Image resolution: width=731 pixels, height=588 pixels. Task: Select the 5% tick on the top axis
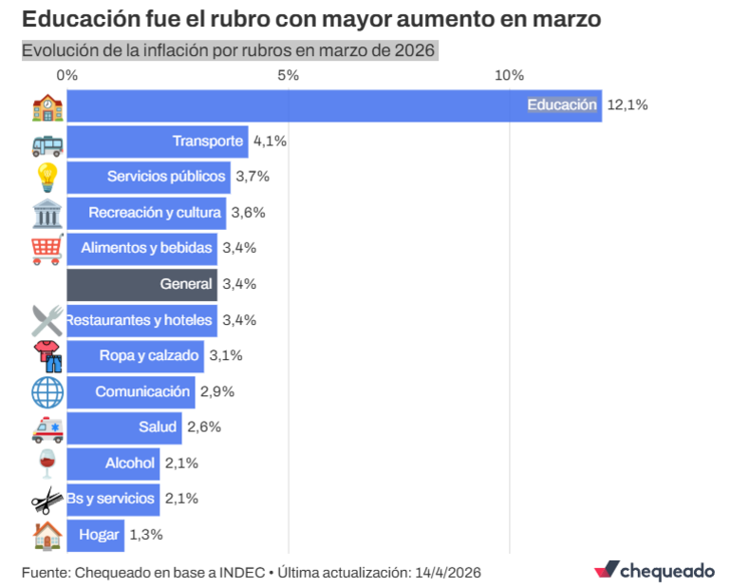[288, 75]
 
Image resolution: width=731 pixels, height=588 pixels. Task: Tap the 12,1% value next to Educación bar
[627, 105]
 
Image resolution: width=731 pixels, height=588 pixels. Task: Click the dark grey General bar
[142, 284]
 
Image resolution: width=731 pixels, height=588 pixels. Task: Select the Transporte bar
[158, 142]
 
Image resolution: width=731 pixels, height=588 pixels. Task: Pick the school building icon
[47, 106]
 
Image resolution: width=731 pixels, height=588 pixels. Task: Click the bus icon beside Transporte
[47, 143]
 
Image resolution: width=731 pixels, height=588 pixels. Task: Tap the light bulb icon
[47, 178]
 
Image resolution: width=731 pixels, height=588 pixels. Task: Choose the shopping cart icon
[47, 249]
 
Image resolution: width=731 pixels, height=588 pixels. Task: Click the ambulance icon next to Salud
[47, 427]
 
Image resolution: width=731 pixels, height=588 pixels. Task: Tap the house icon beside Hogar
[47, 535]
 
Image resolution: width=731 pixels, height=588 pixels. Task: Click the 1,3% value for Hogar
[146, 535]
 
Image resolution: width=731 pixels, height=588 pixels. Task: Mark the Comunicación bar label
[142, 391]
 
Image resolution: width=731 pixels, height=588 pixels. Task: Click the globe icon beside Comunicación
[47, 391]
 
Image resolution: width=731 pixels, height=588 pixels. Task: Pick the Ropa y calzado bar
[135, 355]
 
